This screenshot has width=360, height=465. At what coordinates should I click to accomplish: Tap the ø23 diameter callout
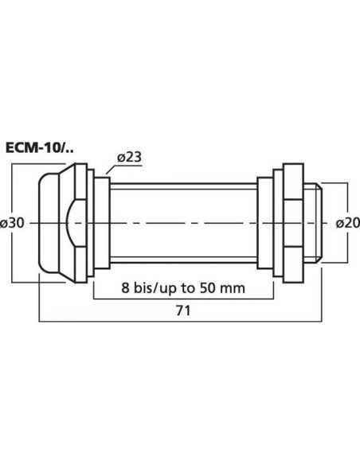tap(129, 157)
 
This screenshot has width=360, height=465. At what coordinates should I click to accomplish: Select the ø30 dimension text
tap(15, 224)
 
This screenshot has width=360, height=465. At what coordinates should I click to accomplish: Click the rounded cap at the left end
tap(49, 224)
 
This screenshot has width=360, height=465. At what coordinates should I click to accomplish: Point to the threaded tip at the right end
tap(312, 224)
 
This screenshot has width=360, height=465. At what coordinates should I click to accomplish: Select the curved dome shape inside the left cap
tap(72, 224)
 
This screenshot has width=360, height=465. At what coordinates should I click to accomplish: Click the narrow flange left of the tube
tap(102, 224)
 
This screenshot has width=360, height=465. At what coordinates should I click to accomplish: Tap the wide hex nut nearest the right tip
tap(290, 224)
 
